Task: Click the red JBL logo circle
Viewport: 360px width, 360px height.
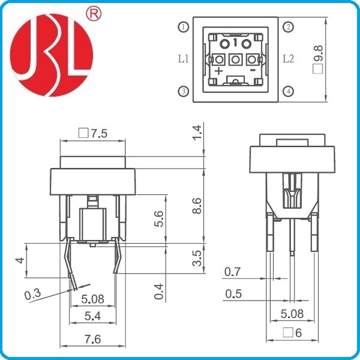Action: (52, 55)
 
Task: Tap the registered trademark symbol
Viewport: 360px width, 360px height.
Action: (94, 13)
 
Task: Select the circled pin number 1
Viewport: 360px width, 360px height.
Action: (184, 27)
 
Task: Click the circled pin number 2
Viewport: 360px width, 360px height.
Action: (289, 27)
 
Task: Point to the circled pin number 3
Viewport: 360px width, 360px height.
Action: (184, 91)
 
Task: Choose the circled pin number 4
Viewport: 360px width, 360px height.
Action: (289, 91)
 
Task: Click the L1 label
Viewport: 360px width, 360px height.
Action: (183, 59)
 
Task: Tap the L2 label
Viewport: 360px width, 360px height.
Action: (288, 59)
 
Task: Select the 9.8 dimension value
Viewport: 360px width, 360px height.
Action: (319, 53)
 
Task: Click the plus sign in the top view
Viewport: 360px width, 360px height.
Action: (219, 71)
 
